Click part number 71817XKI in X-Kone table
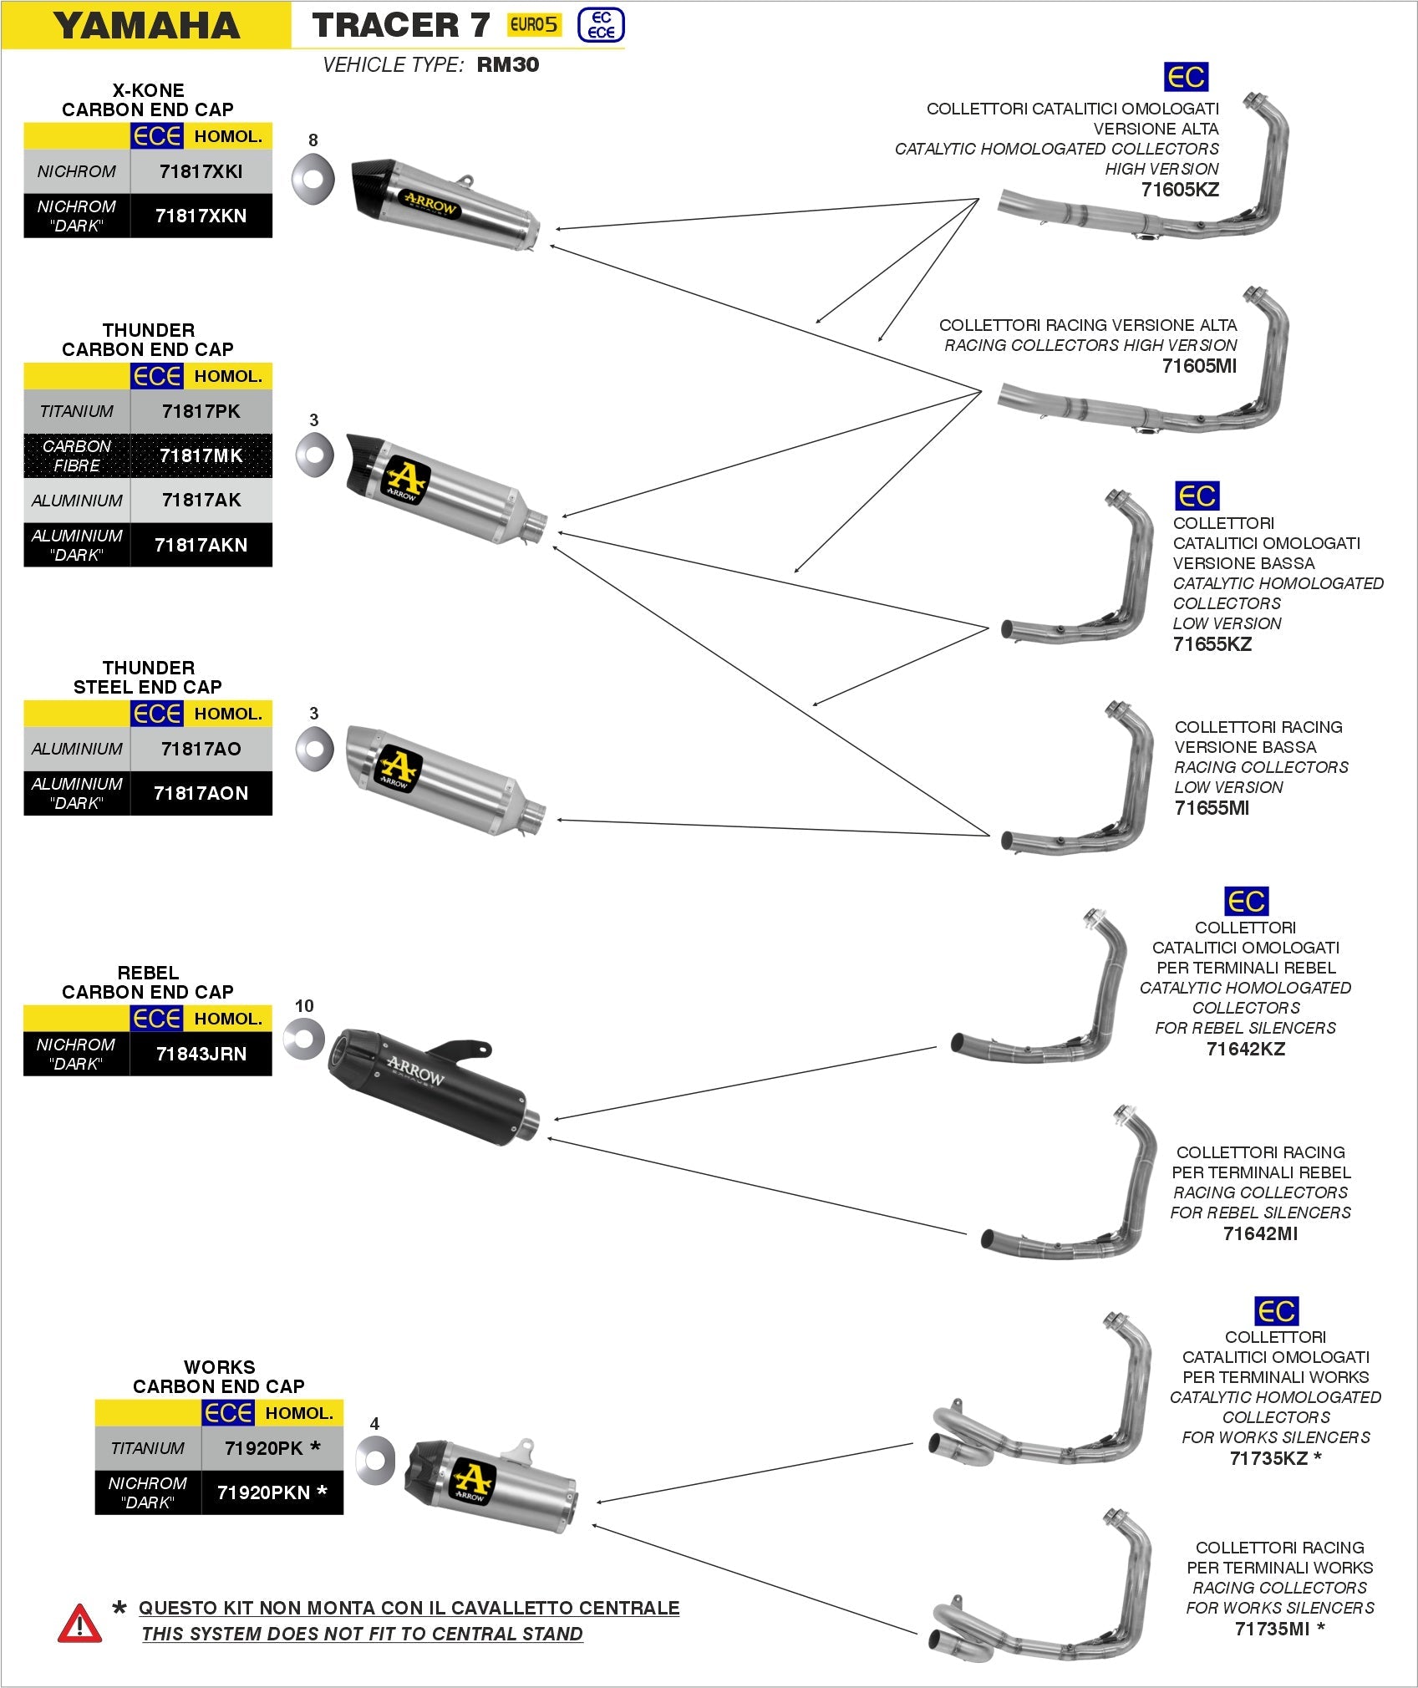coord(201,171)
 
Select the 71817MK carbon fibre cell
coord(201,455)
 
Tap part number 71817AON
coord(201,793)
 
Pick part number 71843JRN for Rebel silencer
coord(201,1054)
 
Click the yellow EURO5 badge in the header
coord(533,25)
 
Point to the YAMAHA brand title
coord(146,25)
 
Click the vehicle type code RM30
coord(507,65)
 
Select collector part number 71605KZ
coord(1180,190)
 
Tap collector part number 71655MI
coord(1212,808)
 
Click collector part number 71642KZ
coord(1245,1049)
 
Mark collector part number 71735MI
coord(1272,1629)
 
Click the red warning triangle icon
coord(79,1623)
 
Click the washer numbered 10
coord(303,1039)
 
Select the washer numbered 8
coord(313,177)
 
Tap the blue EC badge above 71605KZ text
coord(1185,77)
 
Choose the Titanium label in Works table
coord(147,1448)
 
